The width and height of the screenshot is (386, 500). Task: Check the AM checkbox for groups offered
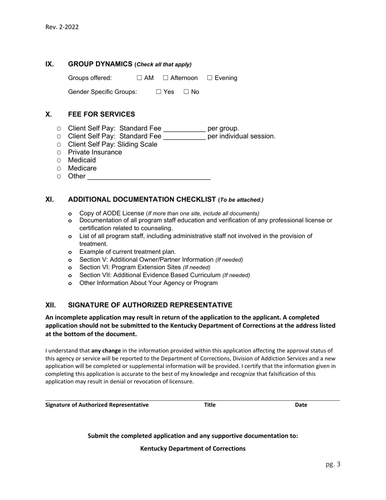click(139, 78)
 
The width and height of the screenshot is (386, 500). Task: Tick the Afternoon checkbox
click(165, 78)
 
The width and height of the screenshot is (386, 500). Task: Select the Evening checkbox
click(210, 78)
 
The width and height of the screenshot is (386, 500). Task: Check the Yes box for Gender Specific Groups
click(158, 92)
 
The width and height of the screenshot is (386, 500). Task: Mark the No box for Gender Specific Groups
click(186, 92)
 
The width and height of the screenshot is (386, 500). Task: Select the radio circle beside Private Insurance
click(59, 152)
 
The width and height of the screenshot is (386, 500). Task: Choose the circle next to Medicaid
click(59, 161)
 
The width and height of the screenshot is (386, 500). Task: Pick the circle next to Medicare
click(59, 169)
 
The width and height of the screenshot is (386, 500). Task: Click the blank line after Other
click(149, 177)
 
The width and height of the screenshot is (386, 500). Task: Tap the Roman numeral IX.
click(49, 64)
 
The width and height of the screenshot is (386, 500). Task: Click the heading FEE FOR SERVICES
click(102, 114)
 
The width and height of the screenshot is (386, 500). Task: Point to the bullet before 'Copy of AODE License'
click(70, 213)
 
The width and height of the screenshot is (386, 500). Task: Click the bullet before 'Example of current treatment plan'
click(70, 252)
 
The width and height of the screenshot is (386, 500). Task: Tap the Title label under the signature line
click(210, 405)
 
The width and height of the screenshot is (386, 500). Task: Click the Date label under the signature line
click(301, 405)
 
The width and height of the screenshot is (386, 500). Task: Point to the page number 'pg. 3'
click(333, 464)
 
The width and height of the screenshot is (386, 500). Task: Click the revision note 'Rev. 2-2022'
click(62, 27)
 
